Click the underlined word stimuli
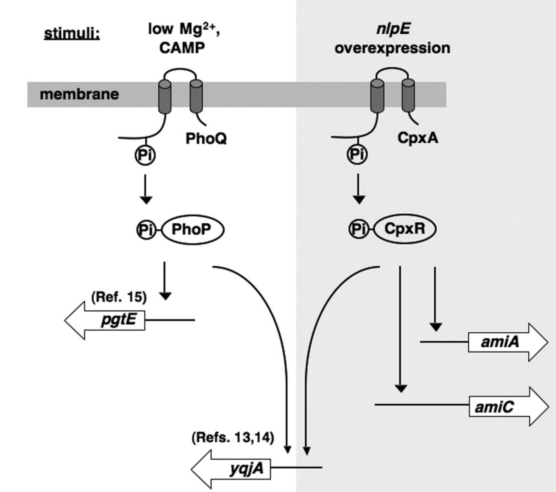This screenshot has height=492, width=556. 72,34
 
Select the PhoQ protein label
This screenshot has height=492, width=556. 206,138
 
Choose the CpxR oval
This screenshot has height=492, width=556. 405,229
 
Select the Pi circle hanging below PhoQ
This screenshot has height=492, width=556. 145,155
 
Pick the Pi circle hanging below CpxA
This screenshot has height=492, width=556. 357,154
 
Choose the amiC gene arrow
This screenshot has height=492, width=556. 506,407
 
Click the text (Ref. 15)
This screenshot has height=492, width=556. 119,297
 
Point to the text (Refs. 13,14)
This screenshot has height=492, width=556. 233,438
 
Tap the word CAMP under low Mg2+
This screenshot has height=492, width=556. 182,48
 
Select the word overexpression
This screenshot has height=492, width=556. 392,48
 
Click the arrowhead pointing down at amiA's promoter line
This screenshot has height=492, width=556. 436,327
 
